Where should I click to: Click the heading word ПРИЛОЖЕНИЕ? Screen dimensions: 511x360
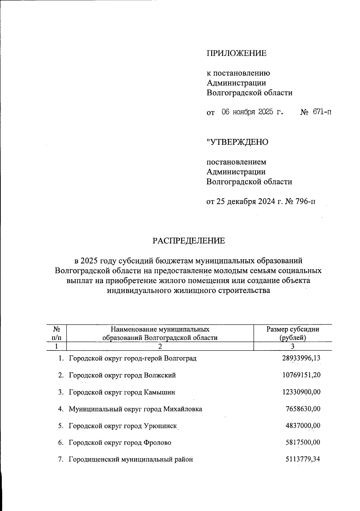click(236, 53)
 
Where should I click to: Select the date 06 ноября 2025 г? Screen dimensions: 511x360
click(252, 112)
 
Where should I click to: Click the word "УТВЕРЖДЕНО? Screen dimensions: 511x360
click(237, 142)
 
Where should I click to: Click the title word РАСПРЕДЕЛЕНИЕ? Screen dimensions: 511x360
click(189, 241)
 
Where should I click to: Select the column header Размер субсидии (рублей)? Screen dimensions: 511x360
click(292, 333)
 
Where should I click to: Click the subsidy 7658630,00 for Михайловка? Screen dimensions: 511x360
click(303, 409)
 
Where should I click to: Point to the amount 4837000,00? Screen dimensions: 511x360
click(303, 425)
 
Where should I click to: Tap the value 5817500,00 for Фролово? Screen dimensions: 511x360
click(303, 442)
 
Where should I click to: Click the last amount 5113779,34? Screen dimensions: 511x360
click(303, 459)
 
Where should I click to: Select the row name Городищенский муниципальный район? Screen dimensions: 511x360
click(130, 459)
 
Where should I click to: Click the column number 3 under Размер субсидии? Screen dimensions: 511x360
click(292, 346)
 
